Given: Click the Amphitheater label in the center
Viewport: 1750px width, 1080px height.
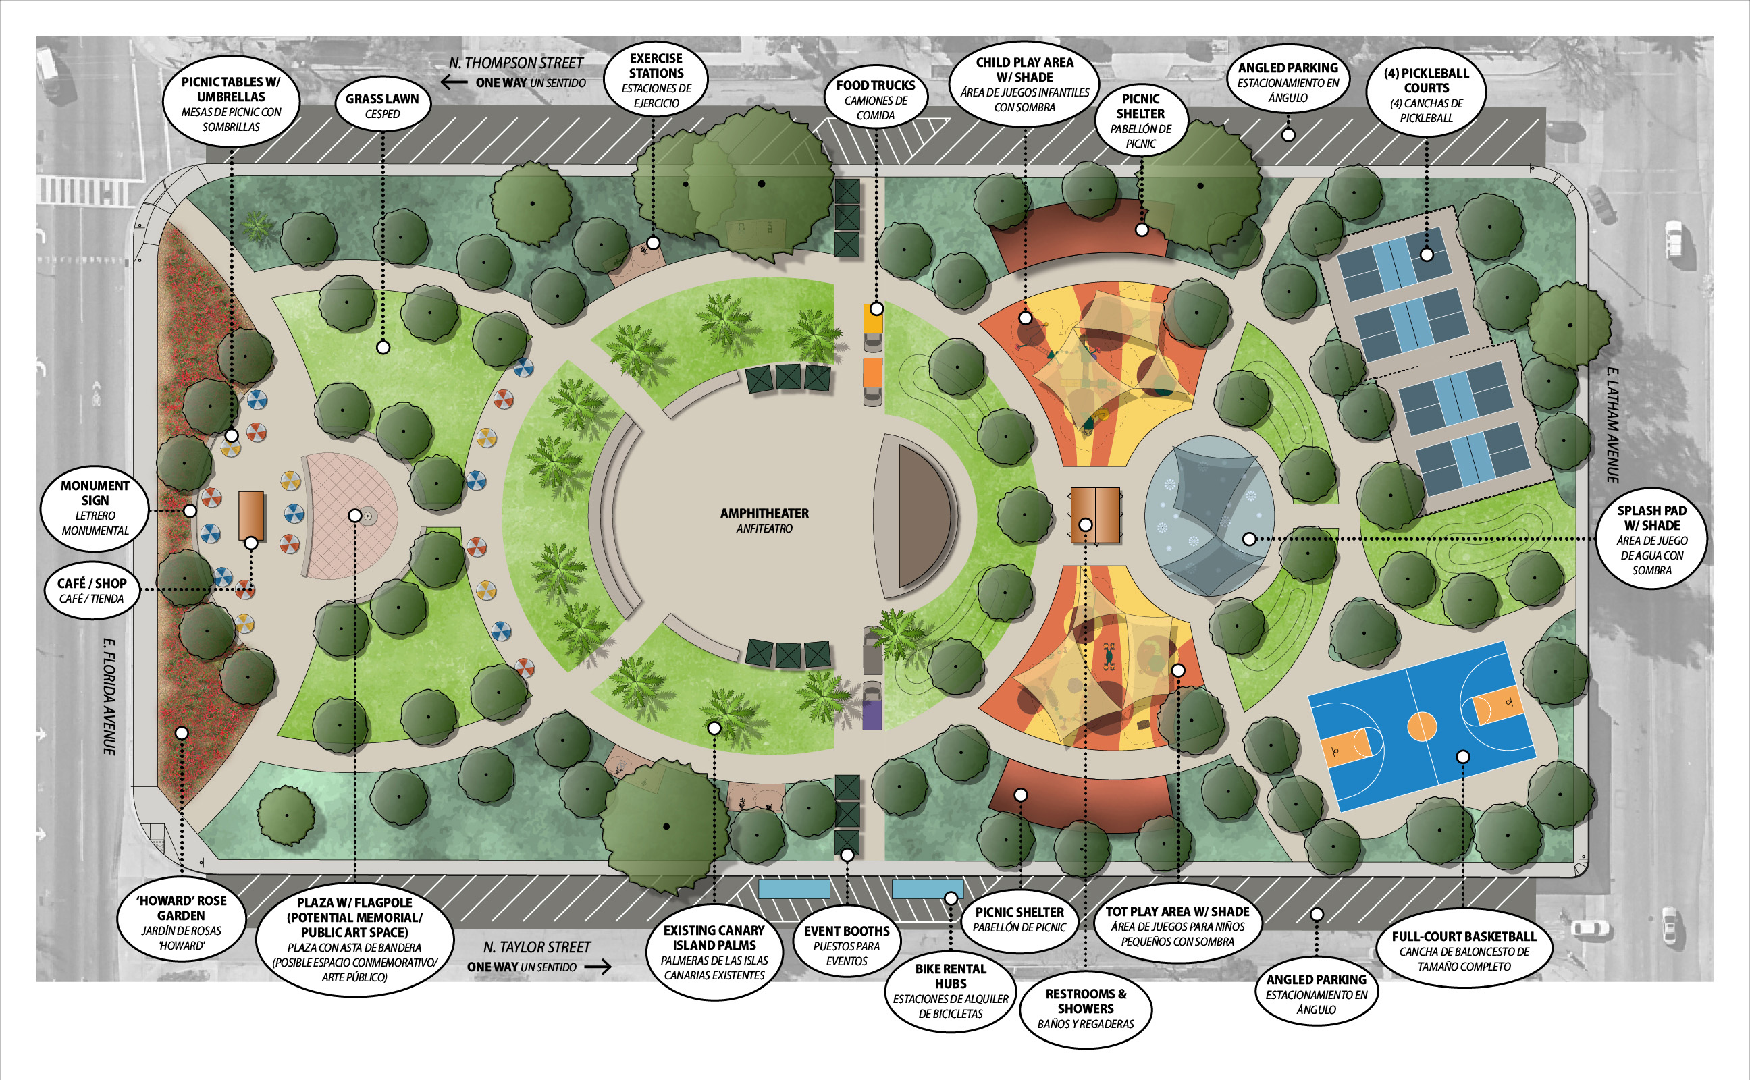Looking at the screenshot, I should [764, 519].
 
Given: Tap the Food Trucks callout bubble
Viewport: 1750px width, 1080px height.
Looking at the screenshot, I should [875, 99].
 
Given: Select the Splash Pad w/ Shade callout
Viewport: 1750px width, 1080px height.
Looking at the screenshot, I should [1651, 540].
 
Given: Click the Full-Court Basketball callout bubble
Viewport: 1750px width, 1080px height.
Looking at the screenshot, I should [1464, 950].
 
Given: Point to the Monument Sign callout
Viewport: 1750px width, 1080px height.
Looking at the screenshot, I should [95, 507].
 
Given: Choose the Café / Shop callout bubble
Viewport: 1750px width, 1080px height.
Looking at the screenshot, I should [91, 590].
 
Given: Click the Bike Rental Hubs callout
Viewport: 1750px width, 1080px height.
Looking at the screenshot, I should [950, 990].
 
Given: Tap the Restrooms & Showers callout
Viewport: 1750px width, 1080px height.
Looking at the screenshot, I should [1085, 1008].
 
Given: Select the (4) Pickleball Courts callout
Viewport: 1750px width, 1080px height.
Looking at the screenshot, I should [1426, 95].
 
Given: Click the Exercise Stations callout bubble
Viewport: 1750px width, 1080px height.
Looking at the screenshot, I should [656, 80].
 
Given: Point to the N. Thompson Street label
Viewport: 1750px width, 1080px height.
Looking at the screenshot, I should [516, 63].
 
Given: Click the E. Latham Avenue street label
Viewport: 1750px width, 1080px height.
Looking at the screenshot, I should [1612, 425].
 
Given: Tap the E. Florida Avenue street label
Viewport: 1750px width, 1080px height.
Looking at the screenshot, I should [109, 696].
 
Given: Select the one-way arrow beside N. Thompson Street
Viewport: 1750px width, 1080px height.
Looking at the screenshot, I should [454, 82].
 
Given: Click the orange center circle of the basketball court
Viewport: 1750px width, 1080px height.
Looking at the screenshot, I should [1421, 726].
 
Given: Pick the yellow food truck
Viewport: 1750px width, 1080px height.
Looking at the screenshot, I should [873, 319].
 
